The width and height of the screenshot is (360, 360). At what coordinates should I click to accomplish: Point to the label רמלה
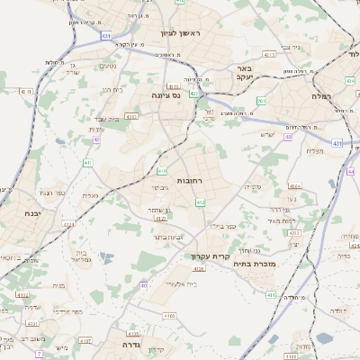coord(322,94)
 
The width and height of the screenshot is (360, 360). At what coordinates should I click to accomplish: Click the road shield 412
coord(200,203)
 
